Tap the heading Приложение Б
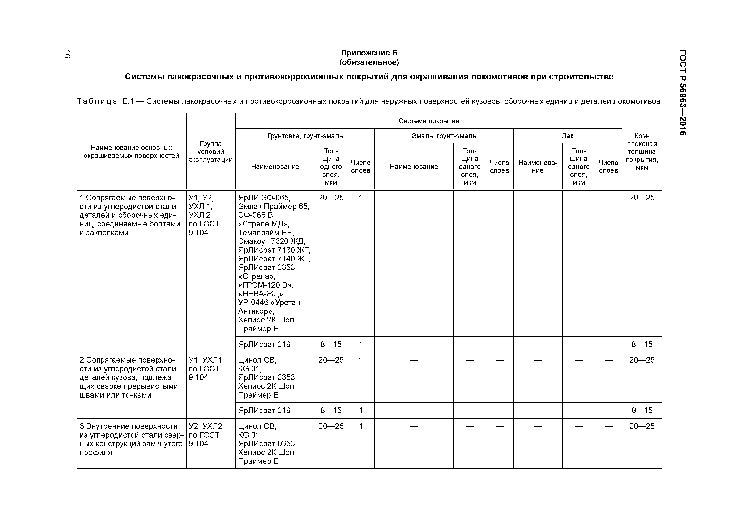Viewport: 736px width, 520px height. click(369, 53)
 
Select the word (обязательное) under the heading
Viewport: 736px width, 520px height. click(369, 62)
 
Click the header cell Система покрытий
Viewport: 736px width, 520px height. click(429, 121)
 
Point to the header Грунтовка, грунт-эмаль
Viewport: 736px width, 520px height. click(305, 136)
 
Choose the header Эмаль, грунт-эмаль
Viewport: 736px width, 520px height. click(444, 136)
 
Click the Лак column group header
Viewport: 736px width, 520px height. click(567, 136)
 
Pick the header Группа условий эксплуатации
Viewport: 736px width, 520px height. click(211, 152)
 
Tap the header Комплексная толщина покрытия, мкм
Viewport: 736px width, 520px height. click(642, 152)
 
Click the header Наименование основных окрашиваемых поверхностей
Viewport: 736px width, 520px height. click(131, 152)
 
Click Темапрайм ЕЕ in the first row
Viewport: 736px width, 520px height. click(266, 233)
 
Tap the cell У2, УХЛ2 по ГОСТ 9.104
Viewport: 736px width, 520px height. click(205, 435)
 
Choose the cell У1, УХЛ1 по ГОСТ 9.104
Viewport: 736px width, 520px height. click(205, 368)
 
